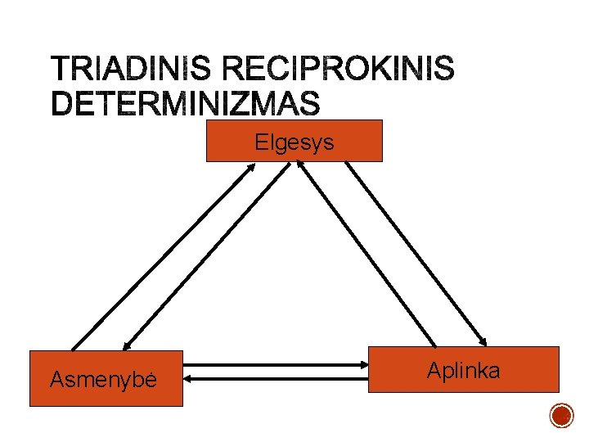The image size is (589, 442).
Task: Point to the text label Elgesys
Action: [294, 142]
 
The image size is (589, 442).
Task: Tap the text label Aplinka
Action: [463, 371]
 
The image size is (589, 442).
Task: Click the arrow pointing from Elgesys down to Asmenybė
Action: [206, 256]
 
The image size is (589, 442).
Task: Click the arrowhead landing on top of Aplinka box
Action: [484, 342]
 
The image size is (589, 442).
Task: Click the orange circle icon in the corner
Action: [561, 416]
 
